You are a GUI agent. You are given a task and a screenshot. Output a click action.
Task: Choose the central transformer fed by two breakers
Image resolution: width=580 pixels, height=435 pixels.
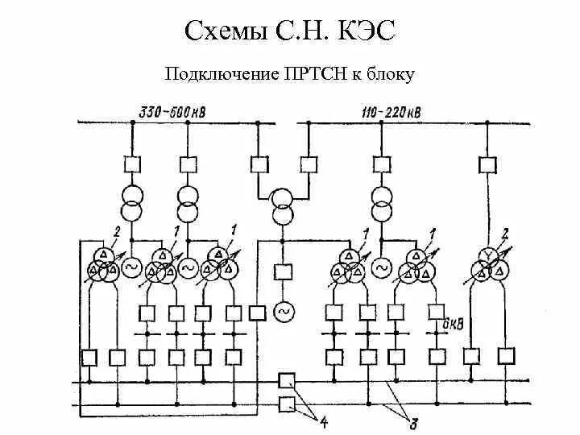[x=282, y=207]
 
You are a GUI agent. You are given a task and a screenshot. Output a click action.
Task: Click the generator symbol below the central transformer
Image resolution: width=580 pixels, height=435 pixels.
[x=282, y=309]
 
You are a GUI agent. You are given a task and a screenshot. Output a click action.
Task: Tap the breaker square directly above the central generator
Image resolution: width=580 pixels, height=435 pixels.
[x=282, y=271]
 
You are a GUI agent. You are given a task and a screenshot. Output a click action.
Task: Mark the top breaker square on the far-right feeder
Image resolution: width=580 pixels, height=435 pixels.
[x=487, y=165]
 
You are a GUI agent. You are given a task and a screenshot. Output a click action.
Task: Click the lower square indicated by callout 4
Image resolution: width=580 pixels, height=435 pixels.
[x=285, y=403]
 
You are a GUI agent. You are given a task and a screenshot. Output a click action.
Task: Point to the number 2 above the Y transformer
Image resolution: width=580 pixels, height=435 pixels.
[x=505, y=234]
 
